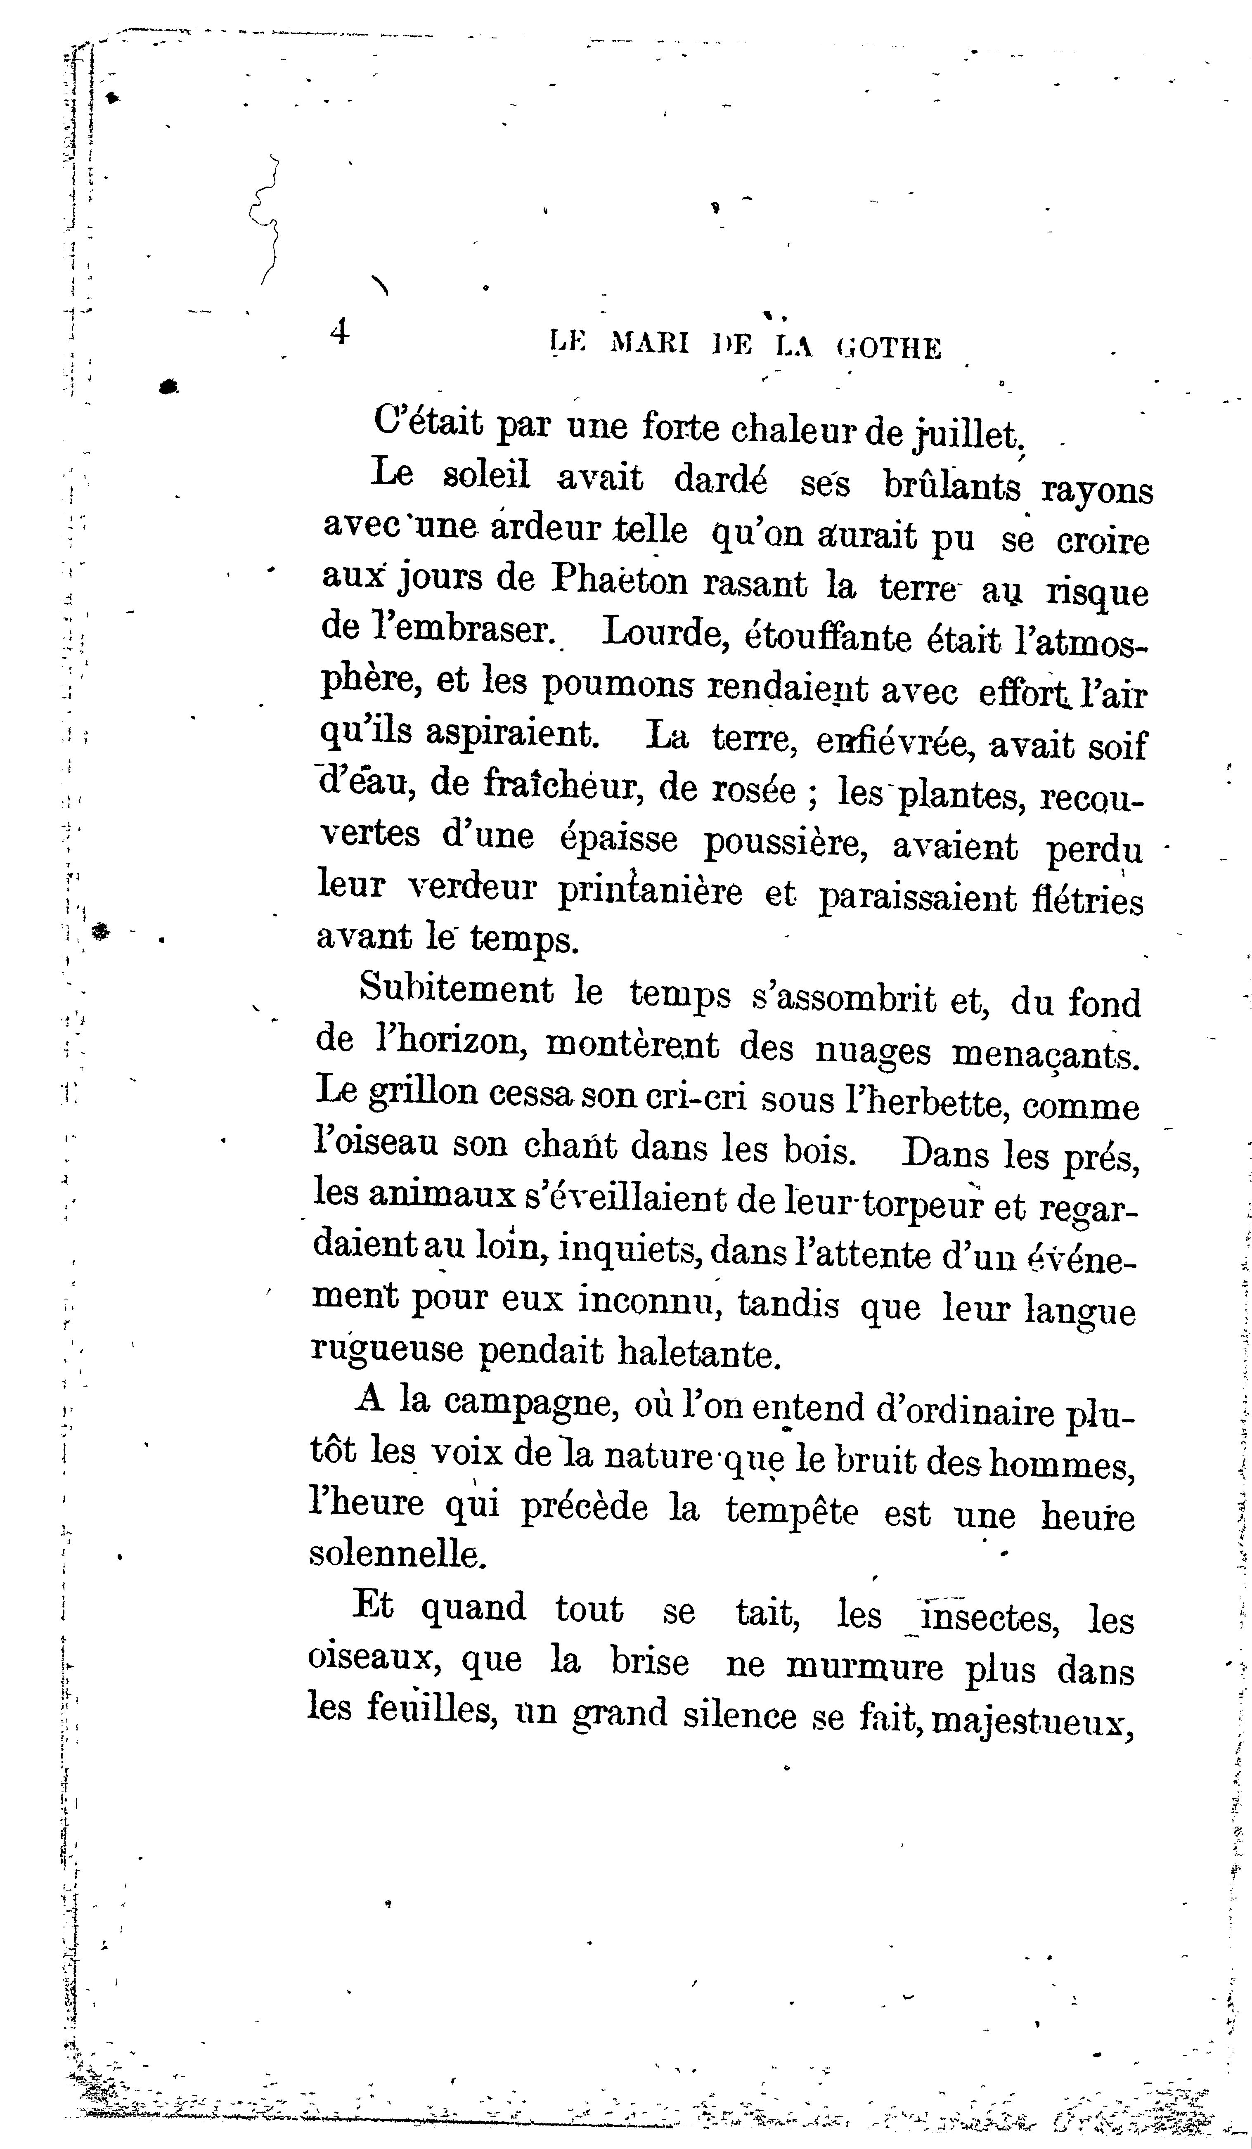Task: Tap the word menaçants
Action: point(1045,1056)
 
